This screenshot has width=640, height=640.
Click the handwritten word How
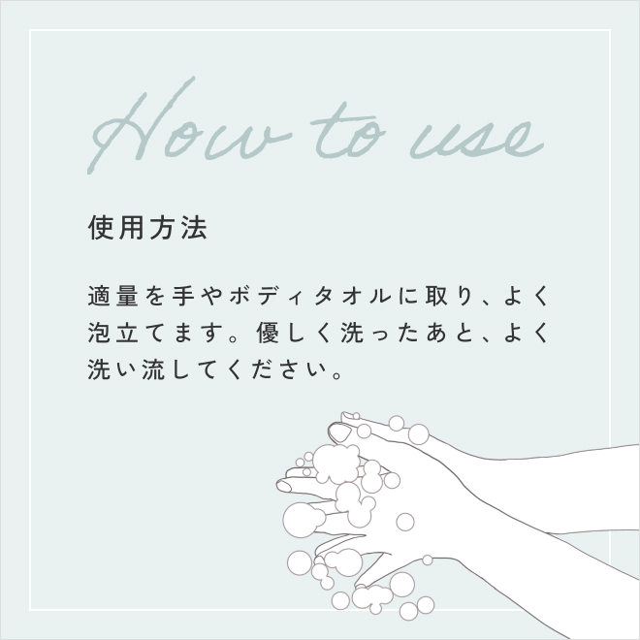(188, 126)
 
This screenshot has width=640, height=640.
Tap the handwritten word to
(348, 132)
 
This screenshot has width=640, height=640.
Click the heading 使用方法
(147, 227)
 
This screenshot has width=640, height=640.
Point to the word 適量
(113, 296)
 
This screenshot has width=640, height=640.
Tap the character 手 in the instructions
(183, 296)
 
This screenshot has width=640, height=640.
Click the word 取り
(449, 296)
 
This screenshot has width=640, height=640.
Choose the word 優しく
(294, 333)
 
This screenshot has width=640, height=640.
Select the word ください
(276, 369)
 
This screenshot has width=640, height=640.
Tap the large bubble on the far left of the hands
(300, 520)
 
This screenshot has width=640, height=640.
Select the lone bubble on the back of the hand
(405, 522)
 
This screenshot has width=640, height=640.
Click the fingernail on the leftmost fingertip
(284, 486)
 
